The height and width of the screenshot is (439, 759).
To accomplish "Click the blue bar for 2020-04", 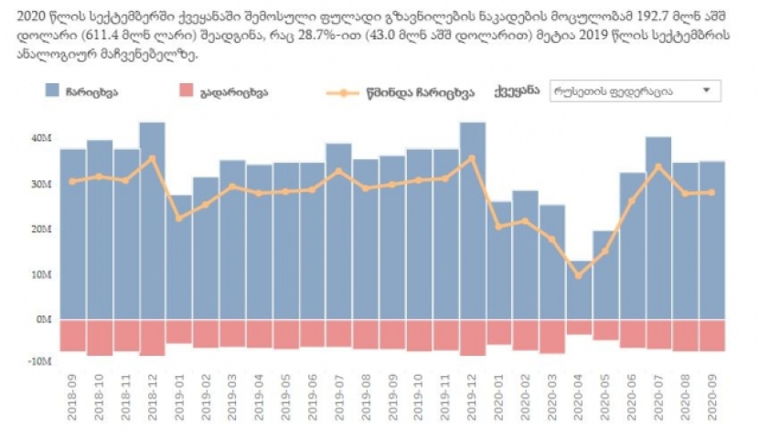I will [x=578, y=290].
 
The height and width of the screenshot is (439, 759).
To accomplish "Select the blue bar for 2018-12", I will [x=152, y=220].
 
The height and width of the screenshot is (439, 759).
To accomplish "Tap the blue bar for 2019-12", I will [x=472, y=220].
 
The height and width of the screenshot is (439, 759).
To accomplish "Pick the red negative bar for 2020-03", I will [x=551, y=336].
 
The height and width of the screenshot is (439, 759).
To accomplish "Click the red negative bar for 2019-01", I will [x=179, y=331].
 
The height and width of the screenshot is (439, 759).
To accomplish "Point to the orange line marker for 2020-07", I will [x=658, y=166].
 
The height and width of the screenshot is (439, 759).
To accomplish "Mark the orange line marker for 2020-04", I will [x=578, y=275].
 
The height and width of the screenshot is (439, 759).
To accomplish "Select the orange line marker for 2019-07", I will [x=338, y=171].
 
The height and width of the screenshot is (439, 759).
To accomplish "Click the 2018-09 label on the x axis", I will [x=72, y=394].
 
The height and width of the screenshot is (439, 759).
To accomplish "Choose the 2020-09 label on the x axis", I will [x=711, y=394].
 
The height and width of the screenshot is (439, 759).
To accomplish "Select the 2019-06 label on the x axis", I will [x=312, y=394].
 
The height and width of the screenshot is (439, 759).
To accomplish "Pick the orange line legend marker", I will [x=343, y=92].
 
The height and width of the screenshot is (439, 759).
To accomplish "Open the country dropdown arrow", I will [x=706, y=91].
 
